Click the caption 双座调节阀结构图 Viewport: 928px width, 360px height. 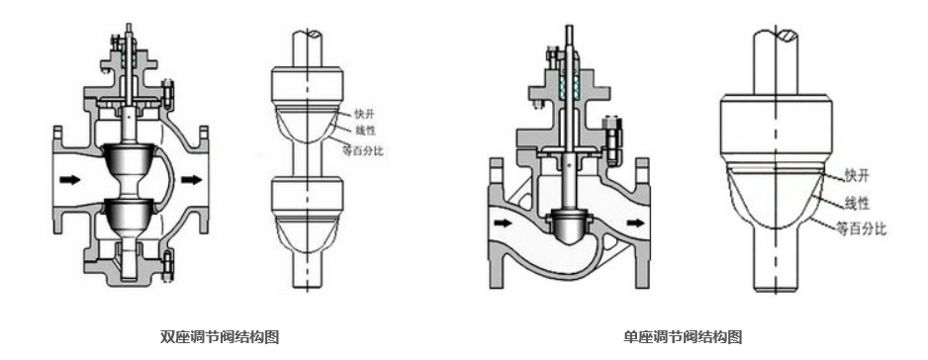point(220,337)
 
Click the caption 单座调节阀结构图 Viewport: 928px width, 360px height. point(683,337)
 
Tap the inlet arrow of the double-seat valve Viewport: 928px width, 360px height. point(69,179)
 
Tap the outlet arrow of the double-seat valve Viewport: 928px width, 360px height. point(191,179)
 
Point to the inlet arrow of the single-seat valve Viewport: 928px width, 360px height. point(504,223)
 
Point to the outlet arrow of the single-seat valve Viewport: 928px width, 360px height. point(635,223)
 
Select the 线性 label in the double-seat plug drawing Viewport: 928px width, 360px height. point(365,131)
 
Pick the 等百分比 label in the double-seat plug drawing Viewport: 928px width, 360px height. point(363,150)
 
